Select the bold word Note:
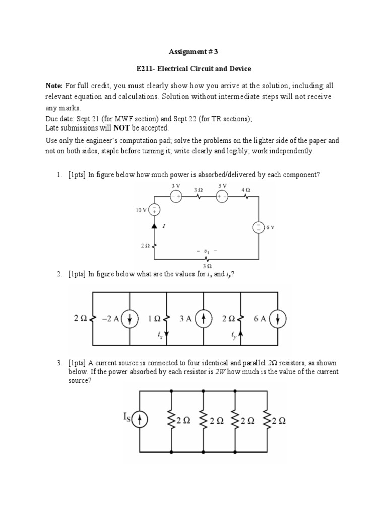pos(54,86)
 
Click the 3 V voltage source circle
pos(176,197)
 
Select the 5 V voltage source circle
pos(222,197)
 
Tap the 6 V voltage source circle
pos(259,227)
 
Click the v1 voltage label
pos(205,250)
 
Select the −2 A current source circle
pos(130,318)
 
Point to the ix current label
pos(160,336)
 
